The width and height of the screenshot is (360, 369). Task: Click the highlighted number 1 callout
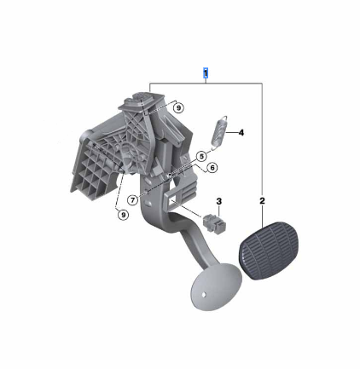(206, 73)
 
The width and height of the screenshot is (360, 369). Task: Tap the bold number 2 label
(262, 201)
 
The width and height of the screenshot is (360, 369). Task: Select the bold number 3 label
(218, 201)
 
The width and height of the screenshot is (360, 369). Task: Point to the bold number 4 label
(241, 132)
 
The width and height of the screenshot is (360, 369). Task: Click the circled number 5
(201, 156)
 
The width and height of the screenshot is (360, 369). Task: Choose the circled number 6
(212, 168)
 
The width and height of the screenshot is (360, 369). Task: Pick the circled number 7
(133, 200)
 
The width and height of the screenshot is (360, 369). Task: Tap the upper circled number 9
(178, 108)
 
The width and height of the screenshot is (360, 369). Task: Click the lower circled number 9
(123, 215)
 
